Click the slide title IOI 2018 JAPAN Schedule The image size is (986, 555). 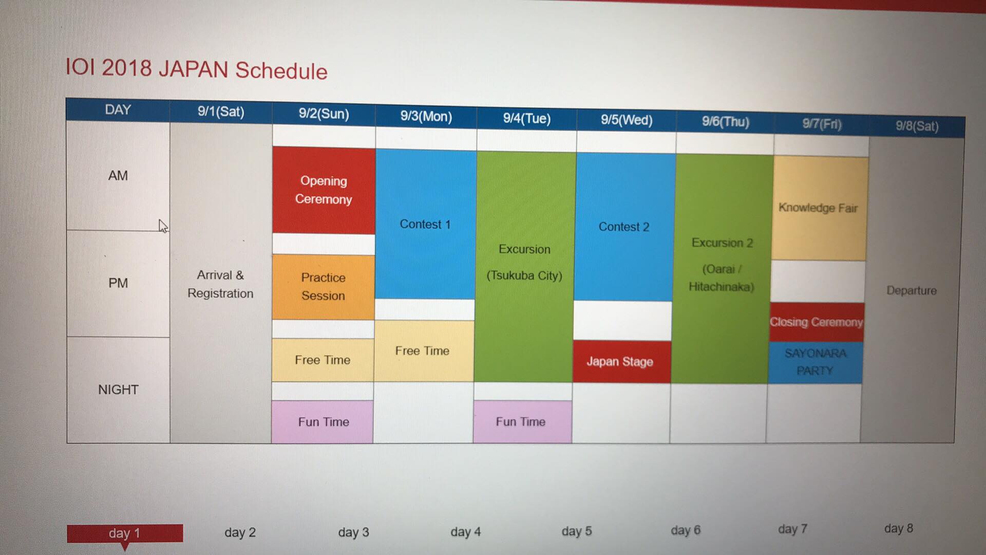click(196, 69)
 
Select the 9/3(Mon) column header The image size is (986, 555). click(426, 116)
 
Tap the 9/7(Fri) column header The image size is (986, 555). click(822, 124)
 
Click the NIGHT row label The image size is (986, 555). click(118, 390)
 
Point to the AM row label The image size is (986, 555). click(118, 176)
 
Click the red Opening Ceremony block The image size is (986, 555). click(324, 190)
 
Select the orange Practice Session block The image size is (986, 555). click(323, 287)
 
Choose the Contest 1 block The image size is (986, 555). click(426, 224)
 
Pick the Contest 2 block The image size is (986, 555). click(624, 227)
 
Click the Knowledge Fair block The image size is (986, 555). click(819, 208)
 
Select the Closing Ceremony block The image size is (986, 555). click(817, 322)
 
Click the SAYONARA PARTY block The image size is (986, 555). click(815, 362)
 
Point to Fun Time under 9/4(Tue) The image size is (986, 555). click(522, 421)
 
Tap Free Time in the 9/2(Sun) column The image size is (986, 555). click(323, 360)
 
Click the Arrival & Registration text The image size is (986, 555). click(220, 284)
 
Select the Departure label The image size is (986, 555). click(912, 290)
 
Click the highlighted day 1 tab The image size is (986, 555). click(125, 533)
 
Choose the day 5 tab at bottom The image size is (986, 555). click(577, 531)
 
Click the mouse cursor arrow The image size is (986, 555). click(163, 226)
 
